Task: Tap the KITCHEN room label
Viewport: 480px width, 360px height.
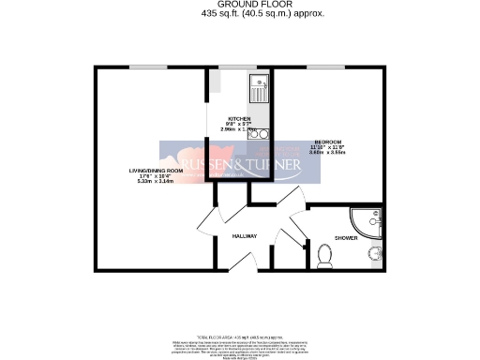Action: click(238, 119)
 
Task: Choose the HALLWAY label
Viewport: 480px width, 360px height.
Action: click(245, 235)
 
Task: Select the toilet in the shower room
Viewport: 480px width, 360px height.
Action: click(325, 254)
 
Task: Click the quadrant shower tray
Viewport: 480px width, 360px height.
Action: click(363, 224)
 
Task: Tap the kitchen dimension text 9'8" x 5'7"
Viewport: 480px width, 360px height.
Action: click(239, 125)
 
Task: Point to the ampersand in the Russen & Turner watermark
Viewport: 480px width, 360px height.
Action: click(234, 166)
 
